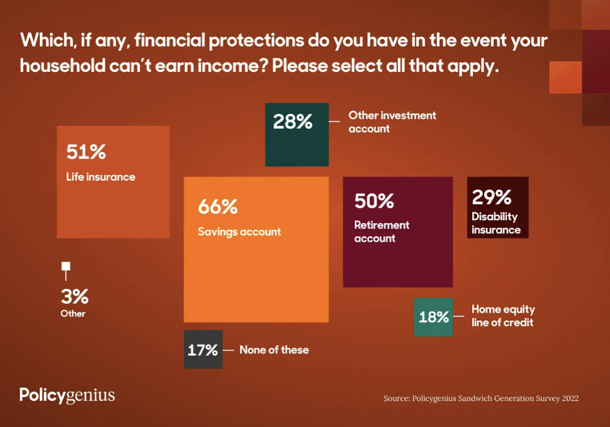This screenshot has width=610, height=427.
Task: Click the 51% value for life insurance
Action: (x=86, y=151)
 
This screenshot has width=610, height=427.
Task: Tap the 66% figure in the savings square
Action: (x=217, y=207)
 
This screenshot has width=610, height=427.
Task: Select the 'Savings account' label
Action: (x=239, y=232)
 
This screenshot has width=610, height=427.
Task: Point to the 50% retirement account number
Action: (x=374, y=201)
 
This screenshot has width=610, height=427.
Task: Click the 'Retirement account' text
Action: (x=381, y=232)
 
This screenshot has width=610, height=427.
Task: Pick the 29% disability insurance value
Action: (x=491, y=196)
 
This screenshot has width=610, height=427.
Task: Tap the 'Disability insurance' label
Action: (x=495, y=223)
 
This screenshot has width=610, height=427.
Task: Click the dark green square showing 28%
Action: (x=296, y=134)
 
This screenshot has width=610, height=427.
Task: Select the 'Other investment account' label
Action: (x=392, y=121)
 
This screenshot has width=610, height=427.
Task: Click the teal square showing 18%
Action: (x=433, y=317)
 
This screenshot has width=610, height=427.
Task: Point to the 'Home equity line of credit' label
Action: (x=503, y=316)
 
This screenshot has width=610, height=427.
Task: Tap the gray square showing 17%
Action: (x=203, y=350)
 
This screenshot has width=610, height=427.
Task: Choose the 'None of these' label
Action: (x=274, y=350)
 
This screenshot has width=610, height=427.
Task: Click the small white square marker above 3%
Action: (x=66, y=267)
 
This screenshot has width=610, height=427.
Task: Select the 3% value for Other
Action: (x=74, y=297)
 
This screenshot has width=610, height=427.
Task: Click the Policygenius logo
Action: (x=67, y=395)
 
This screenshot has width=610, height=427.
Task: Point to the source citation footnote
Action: (x=481, y=398)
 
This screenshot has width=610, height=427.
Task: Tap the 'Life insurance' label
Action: (x=101, y=178)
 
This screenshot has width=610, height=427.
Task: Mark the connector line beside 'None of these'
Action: (x=228, y=350)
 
